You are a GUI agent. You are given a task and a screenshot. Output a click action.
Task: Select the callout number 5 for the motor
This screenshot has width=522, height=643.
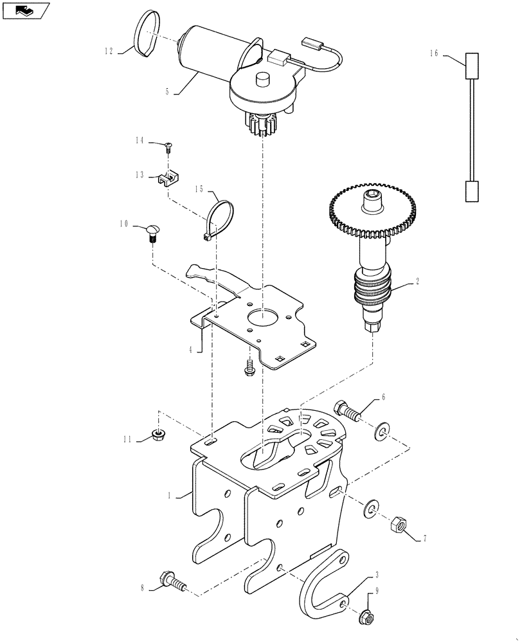pyautogui.click(x=167, y=92)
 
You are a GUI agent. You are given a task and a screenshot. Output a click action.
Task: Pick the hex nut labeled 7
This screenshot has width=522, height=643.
pyautogui.click(x=396, y=525)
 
